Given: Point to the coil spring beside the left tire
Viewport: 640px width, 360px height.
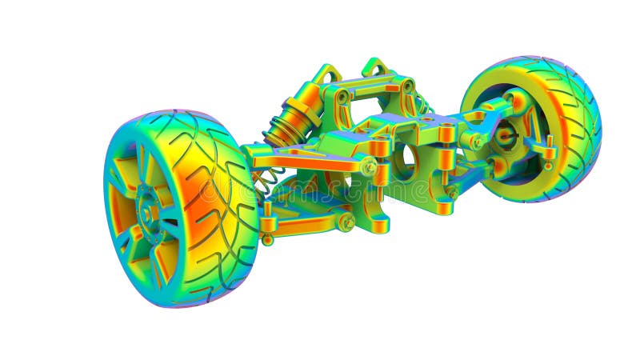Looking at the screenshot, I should tap(266, 180).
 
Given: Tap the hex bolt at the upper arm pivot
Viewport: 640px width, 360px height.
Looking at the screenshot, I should tap(369, 167).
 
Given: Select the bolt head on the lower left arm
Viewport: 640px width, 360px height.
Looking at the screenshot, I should tap(346, 222).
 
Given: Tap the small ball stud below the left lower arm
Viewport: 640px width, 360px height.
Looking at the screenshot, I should tap(267, 239).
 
